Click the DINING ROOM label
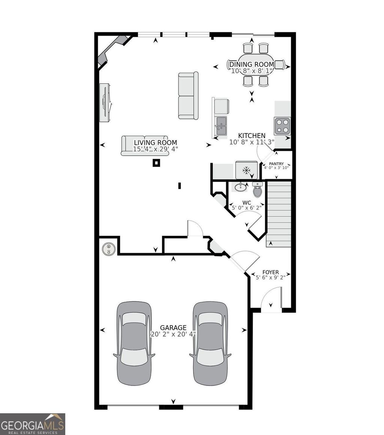pyautogui.click(x=252, y=64)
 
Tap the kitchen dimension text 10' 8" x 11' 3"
pyautogui.click(x=252, y=142)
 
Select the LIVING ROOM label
pyautogui.click(x=155, y=142)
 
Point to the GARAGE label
pyautogui.click(x=173, y=327)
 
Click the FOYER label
pyautogui.click(x=270, y=272)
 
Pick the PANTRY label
pyautogui.click(x=276, y=164)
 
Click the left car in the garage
pyautogui.click(x=134, y=343)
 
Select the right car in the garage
pyautogui.click(x=210, y=343)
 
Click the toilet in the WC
pyautogui.click(x=257, y=190)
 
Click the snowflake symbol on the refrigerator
pyautogui.click(x=246, y=171)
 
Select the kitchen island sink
pyautogui.click(x=221, y=126)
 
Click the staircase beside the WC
pyautogui.click(x=279, y=214)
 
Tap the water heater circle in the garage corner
pyautogui.click(x=109, y=249)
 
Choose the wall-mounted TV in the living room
pyautogui.click(x=105, y=102)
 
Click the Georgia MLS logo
pyautogui.click(x=33, y=424)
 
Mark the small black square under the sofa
pyautogui.click(x=156, y=163)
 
